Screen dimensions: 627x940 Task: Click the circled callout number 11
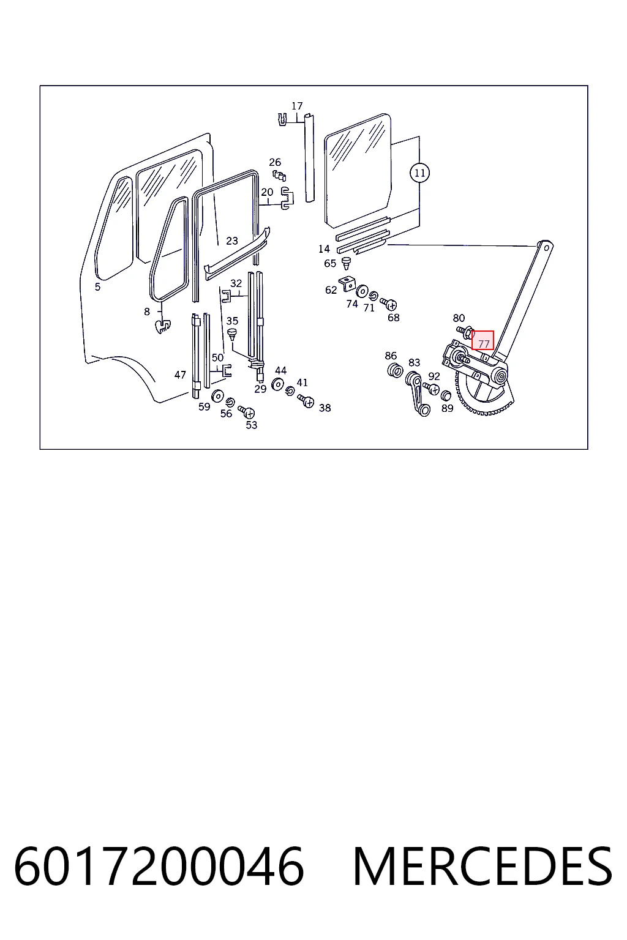[419, 173]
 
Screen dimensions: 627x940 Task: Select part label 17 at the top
[297, 106]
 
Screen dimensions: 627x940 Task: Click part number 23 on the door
[232, 241]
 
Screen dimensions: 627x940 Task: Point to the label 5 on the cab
[97, 287]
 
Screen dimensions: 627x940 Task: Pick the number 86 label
[391, 356]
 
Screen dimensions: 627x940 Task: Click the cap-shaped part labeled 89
[445, 395]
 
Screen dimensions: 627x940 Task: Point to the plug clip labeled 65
[346, 263]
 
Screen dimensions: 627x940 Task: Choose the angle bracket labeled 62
[347, 283]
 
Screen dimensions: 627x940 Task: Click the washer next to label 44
[277, 384]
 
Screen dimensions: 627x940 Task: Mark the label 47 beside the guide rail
[180, 375]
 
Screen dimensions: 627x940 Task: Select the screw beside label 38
[306, 400]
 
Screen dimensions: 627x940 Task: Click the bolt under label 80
[465, 333]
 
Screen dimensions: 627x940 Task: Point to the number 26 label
[275, 162]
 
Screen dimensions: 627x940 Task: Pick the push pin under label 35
[232, 335]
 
